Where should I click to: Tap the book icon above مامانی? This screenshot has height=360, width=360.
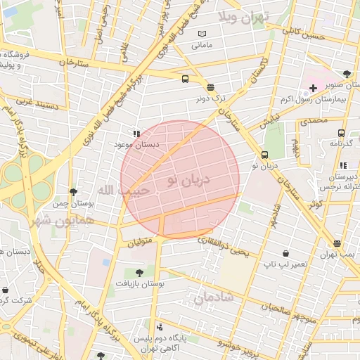[x=202, y=34]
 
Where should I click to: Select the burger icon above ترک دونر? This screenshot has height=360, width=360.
[x=211, y=88]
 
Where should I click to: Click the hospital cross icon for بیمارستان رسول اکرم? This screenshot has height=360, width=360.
[x=313, y=88]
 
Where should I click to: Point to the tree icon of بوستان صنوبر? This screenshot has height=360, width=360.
[x=347, y=73]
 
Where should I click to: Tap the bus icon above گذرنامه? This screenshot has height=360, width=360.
[x=341, y=133]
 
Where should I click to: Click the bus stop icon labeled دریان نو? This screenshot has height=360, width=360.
[x=264, y=155]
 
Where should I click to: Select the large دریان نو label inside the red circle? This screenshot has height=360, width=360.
[x=188, y=180]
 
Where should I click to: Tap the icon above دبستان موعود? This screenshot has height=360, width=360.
[x=136, y=133]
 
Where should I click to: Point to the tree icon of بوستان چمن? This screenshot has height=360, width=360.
[x=73, y=191]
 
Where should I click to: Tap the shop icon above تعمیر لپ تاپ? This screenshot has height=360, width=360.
[x=285, y=253]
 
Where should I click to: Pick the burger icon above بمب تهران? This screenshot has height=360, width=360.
[x=337, y=243]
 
